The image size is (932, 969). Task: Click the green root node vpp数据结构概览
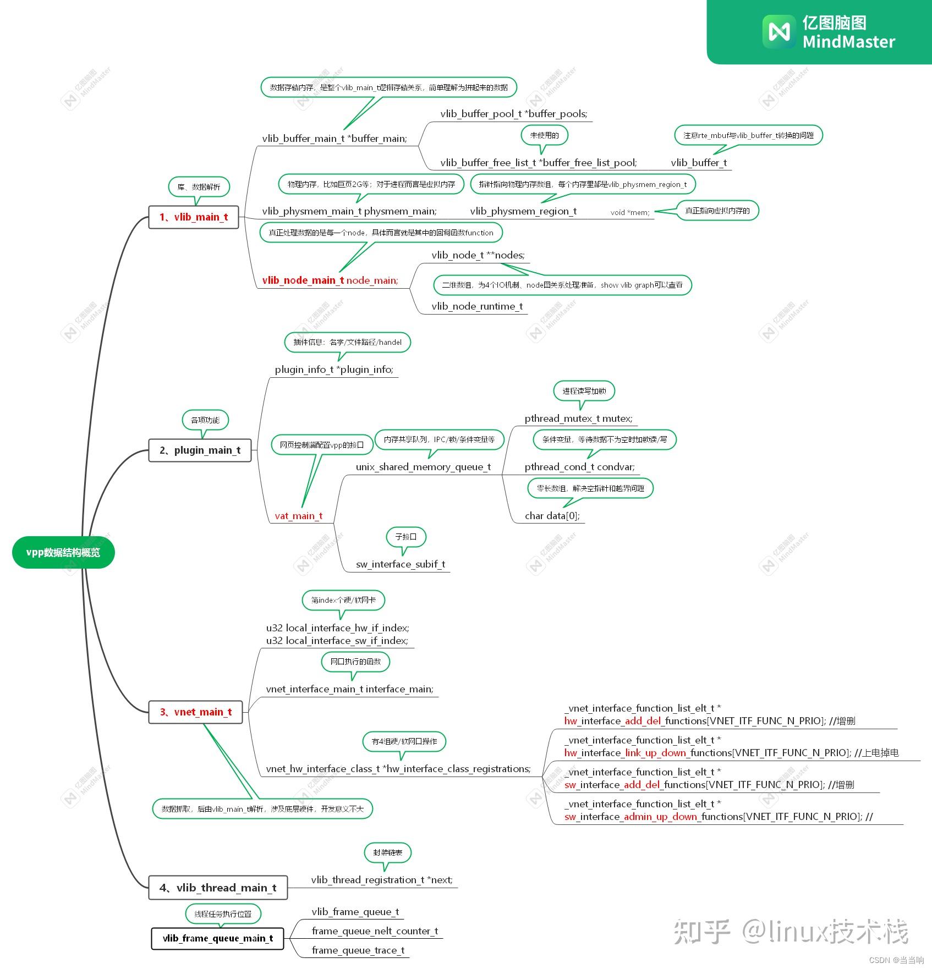[x=63, y=553]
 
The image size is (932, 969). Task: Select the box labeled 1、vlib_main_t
[x=194, y=217]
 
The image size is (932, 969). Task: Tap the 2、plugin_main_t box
[x=200, y=450]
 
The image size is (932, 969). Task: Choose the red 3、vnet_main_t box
[x=195, y=712]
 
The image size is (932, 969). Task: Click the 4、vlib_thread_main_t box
[x=218, y=888]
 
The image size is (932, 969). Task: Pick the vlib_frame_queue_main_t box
[x=217, y=938]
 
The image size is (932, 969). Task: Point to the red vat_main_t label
[x=298, y=516]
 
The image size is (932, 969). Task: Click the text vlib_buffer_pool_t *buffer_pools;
[x=513, y=114]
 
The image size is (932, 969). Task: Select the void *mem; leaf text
[x=629, y=212]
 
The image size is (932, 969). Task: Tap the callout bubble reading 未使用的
[x=544, y=135]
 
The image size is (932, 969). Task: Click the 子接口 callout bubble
[x=406, y=537]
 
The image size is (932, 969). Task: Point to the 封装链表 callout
[x=387, y=852]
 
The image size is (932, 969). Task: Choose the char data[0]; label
[x=552, y=516]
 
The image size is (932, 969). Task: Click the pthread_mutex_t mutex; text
[x=578, y=419]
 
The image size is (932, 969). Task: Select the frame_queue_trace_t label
[x=358, y=950]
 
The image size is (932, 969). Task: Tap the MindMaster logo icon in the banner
[x=779, y=31]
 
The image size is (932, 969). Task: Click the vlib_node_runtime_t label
[x=477, y=306]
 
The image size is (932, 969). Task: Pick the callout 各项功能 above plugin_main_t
[x=205, y=420]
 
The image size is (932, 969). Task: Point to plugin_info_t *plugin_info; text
[x=334, y=370]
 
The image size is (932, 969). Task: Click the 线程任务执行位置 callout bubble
[x=223, y=914]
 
